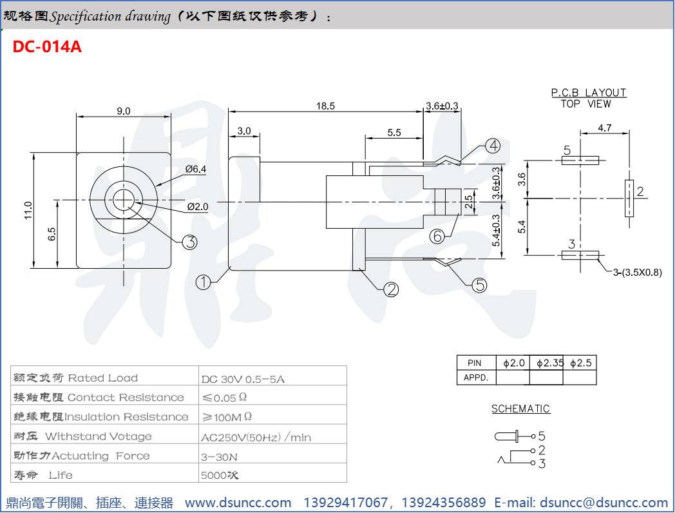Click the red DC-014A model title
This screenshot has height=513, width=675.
click(47, 47)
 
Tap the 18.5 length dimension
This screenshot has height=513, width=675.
click(326, 106)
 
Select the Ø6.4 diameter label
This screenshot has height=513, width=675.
click(196, 169)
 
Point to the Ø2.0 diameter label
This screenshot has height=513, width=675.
click(198, 207)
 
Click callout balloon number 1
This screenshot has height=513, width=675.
click(204, 282)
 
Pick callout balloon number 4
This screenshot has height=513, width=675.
click(493, 146)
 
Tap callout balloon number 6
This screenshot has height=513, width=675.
click(437, 236)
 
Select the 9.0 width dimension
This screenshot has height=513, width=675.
click(123, 111)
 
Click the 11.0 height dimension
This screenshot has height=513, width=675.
click(28, 210)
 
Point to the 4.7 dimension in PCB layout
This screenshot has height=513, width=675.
click(604, 128)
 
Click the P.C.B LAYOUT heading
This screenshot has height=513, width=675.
click(589, 93)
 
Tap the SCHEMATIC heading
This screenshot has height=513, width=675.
click(520, 409)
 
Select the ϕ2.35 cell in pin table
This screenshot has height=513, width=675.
click(549, 363)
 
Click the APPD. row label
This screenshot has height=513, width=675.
click(476, 378)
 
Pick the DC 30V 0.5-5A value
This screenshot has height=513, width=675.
click(243, 379)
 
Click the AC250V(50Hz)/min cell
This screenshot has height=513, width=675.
click(256, 438)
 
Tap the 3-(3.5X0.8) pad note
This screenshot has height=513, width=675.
click(637, 273)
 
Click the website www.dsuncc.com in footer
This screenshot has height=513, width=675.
click(238, 503)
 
